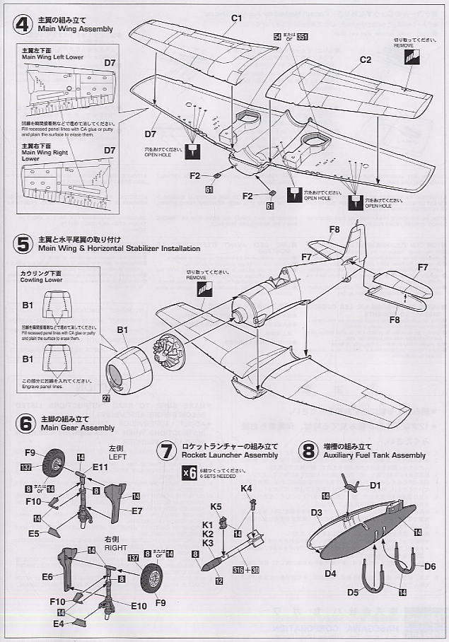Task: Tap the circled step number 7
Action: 166,451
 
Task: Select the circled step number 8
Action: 308,451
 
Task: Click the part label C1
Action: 237,18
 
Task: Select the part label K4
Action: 247,489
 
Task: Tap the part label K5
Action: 216,506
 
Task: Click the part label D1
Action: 375,485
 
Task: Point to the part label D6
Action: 430,567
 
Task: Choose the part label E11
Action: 100,468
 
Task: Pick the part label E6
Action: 47,577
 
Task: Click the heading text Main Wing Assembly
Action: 73,29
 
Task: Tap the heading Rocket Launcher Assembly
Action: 230,455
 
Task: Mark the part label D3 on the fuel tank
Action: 316,512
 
